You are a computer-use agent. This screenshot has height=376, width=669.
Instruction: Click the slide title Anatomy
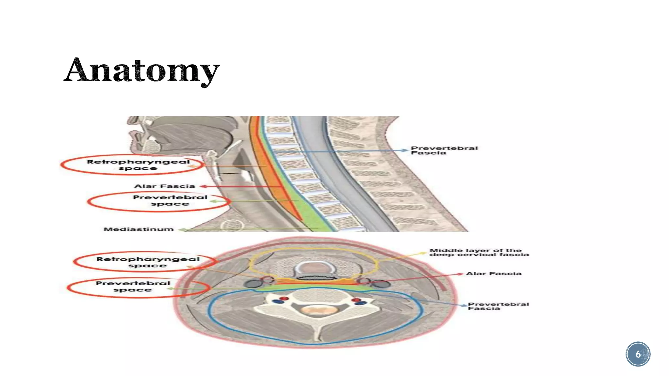(141, 70)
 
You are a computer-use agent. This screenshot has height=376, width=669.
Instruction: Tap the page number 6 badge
(638, 354)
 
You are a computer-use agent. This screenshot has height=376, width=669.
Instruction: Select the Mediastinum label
(139, 229)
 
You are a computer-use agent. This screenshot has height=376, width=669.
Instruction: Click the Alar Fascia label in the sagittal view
(165, 186)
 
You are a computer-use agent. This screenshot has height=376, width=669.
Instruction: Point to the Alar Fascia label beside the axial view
(494, 274)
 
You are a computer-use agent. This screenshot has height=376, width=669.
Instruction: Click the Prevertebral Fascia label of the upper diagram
(444, 150)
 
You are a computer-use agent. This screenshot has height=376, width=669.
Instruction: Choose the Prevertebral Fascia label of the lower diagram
(498, 306)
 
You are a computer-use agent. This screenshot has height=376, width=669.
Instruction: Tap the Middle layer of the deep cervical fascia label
(479, 252)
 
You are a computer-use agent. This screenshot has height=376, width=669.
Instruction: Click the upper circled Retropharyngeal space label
(138, 165)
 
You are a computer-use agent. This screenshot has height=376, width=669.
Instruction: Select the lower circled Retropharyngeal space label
(148, 262)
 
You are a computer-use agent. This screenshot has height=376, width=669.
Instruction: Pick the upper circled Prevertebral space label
(170, 200)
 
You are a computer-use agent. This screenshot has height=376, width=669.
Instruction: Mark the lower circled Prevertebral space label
(133, 286)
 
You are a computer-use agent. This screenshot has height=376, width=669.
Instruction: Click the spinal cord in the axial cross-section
(316, 310)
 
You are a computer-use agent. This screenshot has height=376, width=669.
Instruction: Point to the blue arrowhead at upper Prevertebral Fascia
(405, 150)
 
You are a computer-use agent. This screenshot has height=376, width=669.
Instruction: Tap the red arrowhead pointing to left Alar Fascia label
(203, 186)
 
